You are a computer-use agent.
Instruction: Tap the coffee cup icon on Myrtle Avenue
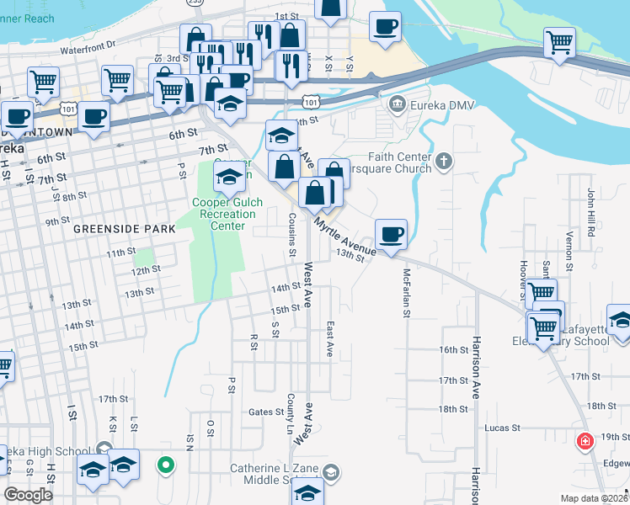click(x=390, y=235)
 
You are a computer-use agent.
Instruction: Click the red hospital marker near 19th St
click(x=583, y=441)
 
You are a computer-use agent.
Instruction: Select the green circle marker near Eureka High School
click(x=166, y=464)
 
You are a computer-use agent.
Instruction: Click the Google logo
click(x=28, y=495)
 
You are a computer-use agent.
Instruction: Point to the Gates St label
click(x=266, y=412)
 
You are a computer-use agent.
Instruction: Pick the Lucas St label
click(x=502, y=428)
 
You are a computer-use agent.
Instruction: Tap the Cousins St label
click(x=292, y=235)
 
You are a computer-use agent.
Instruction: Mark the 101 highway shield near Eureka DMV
click(x=312, y=101)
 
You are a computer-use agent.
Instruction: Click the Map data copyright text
click(x=594, y=498)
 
